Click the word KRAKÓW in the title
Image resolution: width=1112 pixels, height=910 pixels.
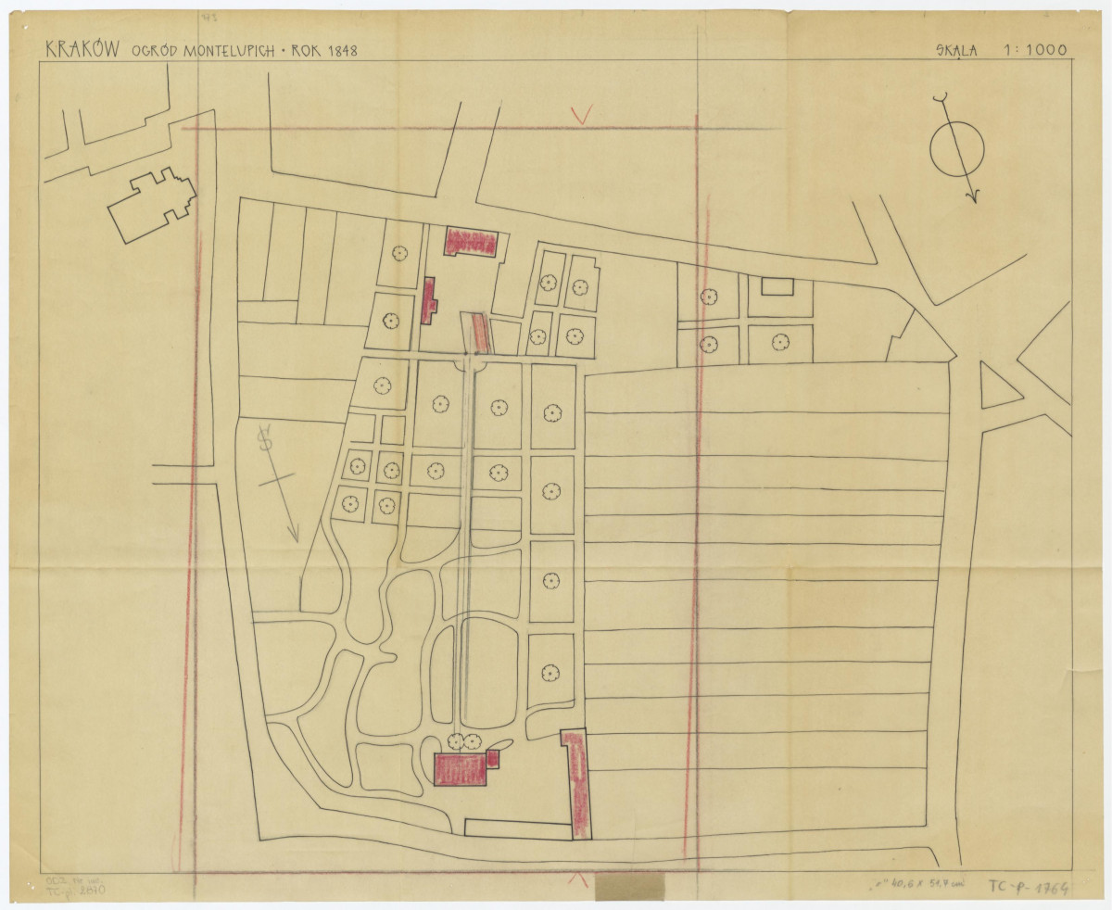coord(82,48)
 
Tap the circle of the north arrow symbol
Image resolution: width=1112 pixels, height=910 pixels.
coord(957,148)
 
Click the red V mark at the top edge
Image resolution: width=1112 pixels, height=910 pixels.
coord(582,115)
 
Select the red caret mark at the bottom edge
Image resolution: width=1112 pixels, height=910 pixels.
coord(575,878)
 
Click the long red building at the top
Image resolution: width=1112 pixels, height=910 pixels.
coord(472,241)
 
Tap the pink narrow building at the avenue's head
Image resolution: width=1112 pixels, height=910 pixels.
coord(478,332)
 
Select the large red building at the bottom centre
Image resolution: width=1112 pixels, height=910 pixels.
coord(461,769)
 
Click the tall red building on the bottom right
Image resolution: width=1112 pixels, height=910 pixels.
coord(577,783)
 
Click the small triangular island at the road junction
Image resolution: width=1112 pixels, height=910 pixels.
coord(997,386)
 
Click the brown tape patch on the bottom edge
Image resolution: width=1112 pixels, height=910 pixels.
coord(629,887)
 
